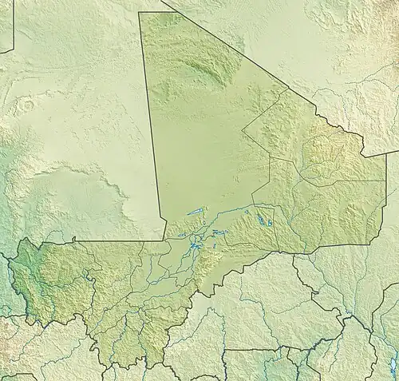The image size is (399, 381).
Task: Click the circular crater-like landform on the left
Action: [x=29, y=105]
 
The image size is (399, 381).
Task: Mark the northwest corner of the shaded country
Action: [x=140, y=13]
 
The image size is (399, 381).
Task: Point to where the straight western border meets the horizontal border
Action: [x=164, y=239]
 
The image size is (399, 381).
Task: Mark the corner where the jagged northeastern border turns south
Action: [x=363, y=154]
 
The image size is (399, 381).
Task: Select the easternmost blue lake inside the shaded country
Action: [x=271, y=224]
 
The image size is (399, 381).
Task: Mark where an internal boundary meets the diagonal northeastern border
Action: [x=285, y=89]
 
